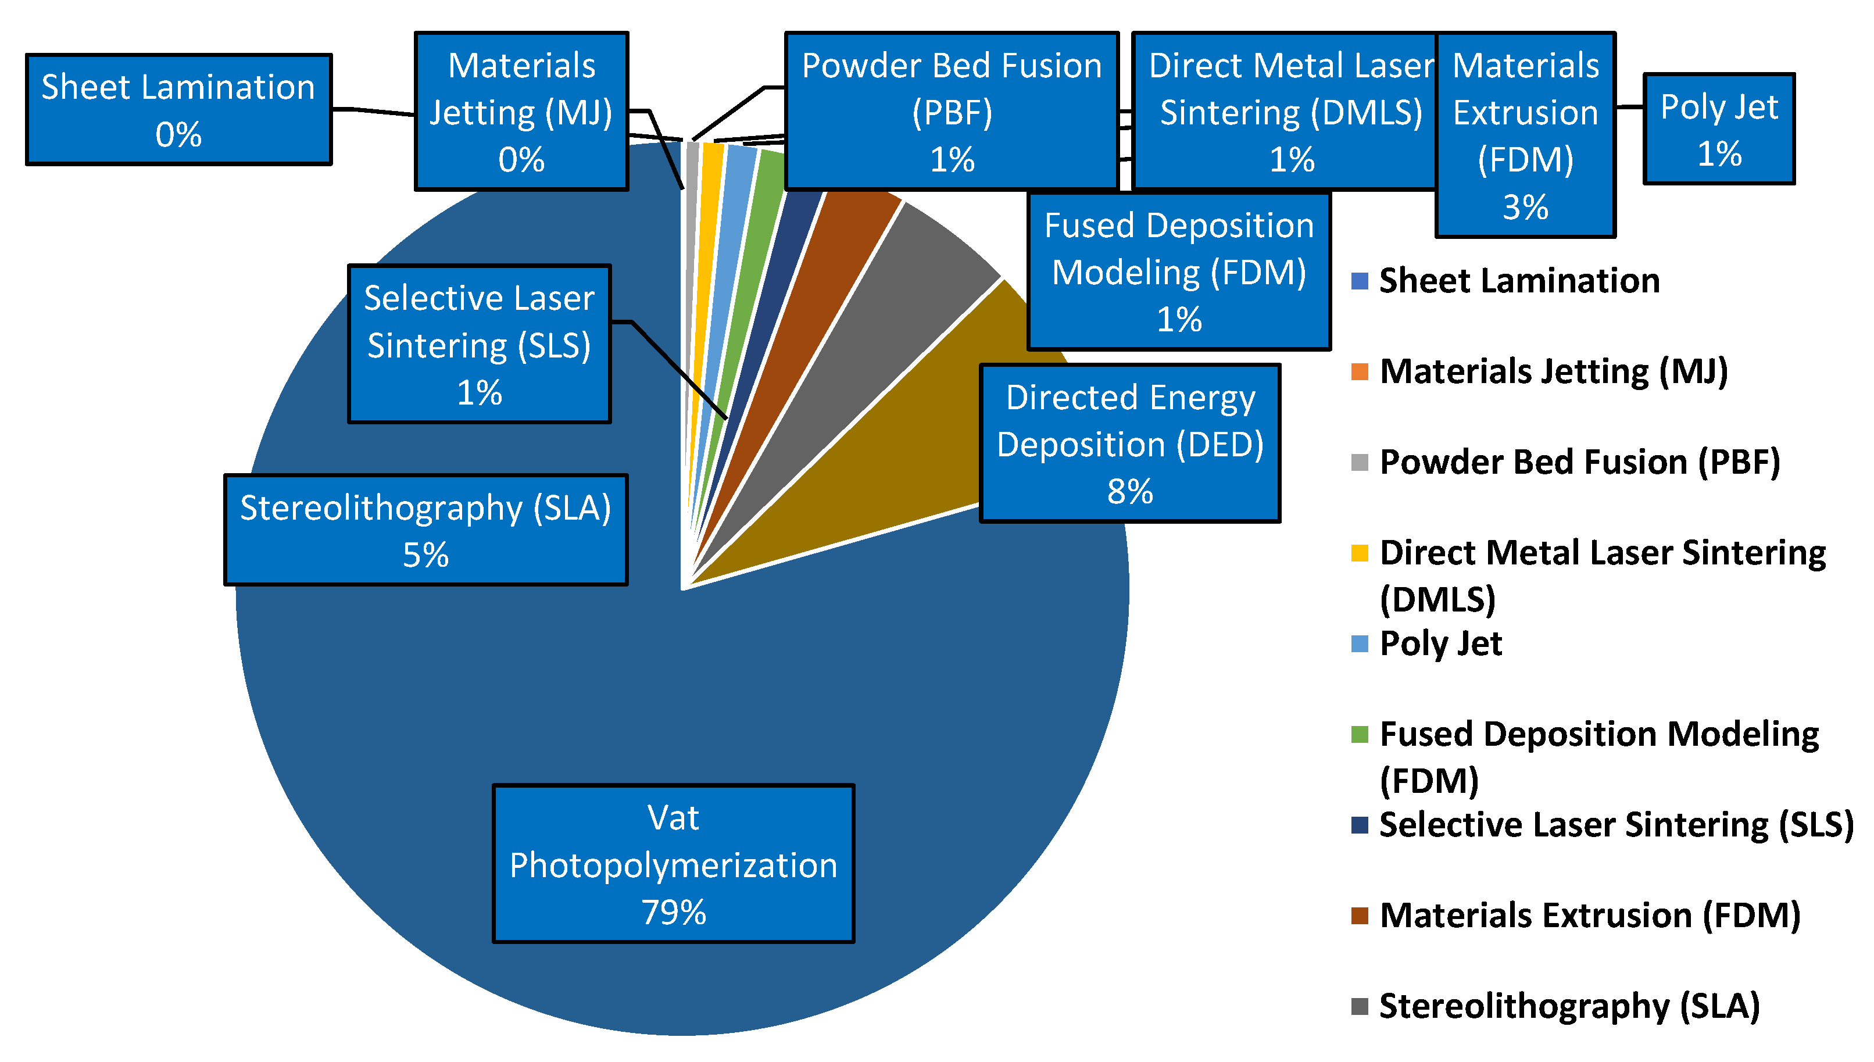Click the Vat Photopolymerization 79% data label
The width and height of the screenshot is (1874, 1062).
pyautogui.click(x=673, y=864)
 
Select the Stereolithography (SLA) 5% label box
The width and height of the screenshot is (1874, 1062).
pyautogui.click(x=426, y=530)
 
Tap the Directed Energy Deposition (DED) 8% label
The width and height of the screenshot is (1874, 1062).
pyautogui.click(x=1129, y=444)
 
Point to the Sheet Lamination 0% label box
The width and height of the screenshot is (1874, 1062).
pyautogui.click(x=178, y=109)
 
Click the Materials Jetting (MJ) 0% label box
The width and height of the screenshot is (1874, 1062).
pyautogui.click(x=521, y=112)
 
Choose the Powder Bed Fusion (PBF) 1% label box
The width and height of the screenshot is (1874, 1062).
pyautogui.click(x=952, y=112)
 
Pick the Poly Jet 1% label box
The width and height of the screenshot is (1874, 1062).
pyautogui.click(x=1719, y=129)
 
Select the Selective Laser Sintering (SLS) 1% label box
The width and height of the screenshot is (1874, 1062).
pyautogui.click(x=479, y=344)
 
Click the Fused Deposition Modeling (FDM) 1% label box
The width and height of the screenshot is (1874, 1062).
pyautogui.click(x=1178, y=271)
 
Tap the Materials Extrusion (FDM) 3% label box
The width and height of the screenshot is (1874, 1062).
pyautogui.click(x=1525, y=135)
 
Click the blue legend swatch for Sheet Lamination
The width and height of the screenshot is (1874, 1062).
pyautogui.click(x=1359, y=281)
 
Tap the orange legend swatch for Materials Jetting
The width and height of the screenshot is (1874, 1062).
pyautogui.click(x=1359, y=371)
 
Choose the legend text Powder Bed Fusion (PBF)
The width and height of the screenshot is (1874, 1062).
pyautogui.click(x=1579, y=463)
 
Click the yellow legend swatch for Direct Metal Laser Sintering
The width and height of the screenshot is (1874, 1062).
pyautogui.click(x=1359, y=553)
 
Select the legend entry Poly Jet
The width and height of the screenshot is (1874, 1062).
pyautogui.click(x=1440, y=643)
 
